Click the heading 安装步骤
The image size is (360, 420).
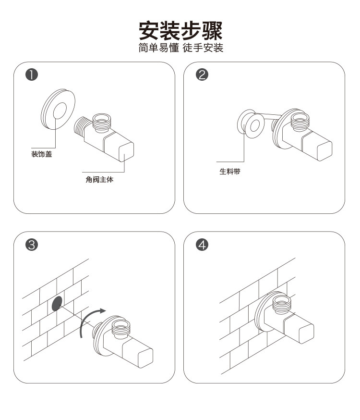(x=180, y=30)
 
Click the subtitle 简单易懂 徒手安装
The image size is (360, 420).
(x=180, y=48)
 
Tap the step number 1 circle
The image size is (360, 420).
(x=32, y=75)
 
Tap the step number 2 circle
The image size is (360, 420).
(x=202, y=75)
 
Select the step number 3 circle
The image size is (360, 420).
(x=32, y=245)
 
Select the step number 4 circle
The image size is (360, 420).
(x=202, y=245)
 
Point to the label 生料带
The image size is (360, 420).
(x=229, y=171)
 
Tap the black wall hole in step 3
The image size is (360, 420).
(x=57, y=304)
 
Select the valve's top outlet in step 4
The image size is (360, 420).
(x=282, y=304)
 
